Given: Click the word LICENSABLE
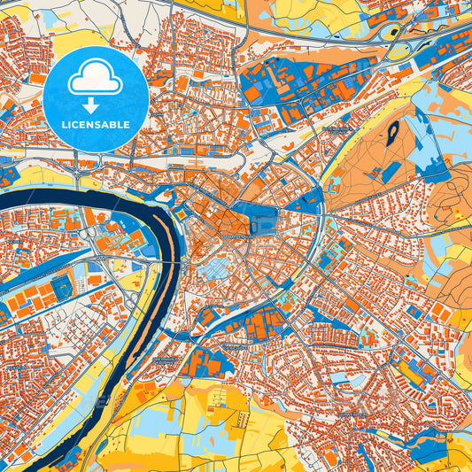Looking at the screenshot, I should pos(95,125).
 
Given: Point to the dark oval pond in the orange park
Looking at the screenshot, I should pos(391,135).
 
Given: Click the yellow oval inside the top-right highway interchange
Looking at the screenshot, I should pos(391,33).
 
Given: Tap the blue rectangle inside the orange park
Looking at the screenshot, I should pos(391,172).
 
